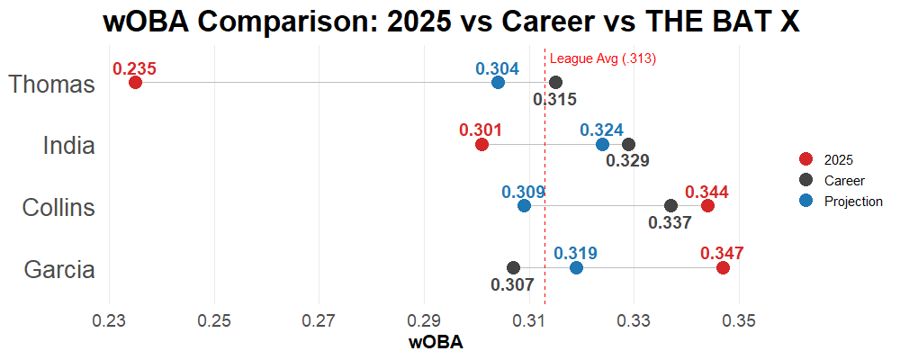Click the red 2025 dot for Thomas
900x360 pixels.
click(135, 83)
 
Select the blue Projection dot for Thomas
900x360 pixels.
click(498, 83)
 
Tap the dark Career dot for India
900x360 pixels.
click(628, 145)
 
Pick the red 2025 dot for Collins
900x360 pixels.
click(707, 206)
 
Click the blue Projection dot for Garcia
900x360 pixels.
click(576, 268)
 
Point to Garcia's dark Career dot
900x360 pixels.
click(513, 268)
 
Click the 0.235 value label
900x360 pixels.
click(135, 68)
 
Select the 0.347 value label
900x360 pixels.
click(722, 254)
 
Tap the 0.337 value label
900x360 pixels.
click(670, 222)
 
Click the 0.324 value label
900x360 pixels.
click(601, 130)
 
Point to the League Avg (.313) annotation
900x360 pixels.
click(603, 59)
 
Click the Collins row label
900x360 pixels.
click(58, 208)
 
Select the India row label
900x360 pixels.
click(69, 146)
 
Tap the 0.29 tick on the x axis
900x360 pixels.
click(425, 321)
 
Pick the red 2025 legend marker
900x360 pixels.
click(805, 160)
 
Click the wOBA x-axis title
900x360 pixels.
click(436, 343)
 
